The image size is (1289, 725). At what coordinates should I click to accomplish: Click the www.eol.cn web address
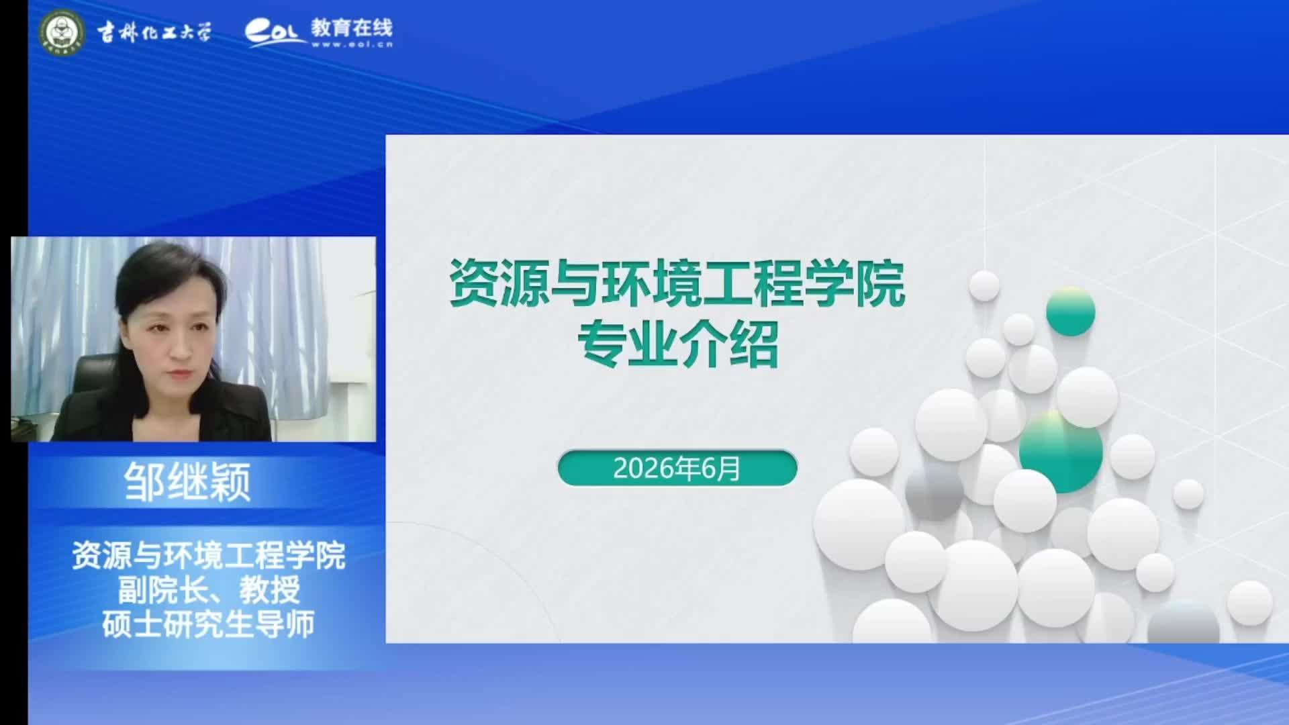352,44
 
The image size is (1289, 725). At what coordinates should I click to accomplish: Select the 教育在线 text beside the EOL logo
352,28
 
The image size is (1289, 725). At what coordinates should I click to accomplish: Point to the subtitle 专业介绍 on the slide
678,344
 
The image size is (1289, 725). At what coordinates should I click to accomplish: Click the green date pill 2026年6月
677,468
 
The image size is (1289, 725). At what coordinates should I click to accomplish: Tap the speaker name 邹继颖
187,482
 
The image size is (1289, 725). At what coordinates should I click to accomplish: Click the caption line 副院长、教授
209,591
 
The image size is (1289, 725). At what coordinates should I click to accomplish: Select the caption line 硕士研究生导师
209,624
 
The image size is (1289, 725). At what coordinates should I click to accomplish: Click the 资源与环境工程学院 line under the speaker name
209,556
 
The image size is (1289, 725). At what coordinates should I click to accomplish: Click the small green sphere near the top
1071,311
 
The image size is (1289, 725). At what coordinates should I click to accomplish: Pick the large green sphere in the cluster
1061,451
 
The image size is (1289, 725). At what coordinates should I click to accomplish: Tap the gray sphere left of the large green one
934,490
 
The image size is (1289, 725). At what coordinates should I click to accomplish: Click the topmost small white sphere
984,286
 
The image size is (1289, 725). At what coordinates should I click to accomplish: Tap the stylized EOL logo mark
275,32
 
